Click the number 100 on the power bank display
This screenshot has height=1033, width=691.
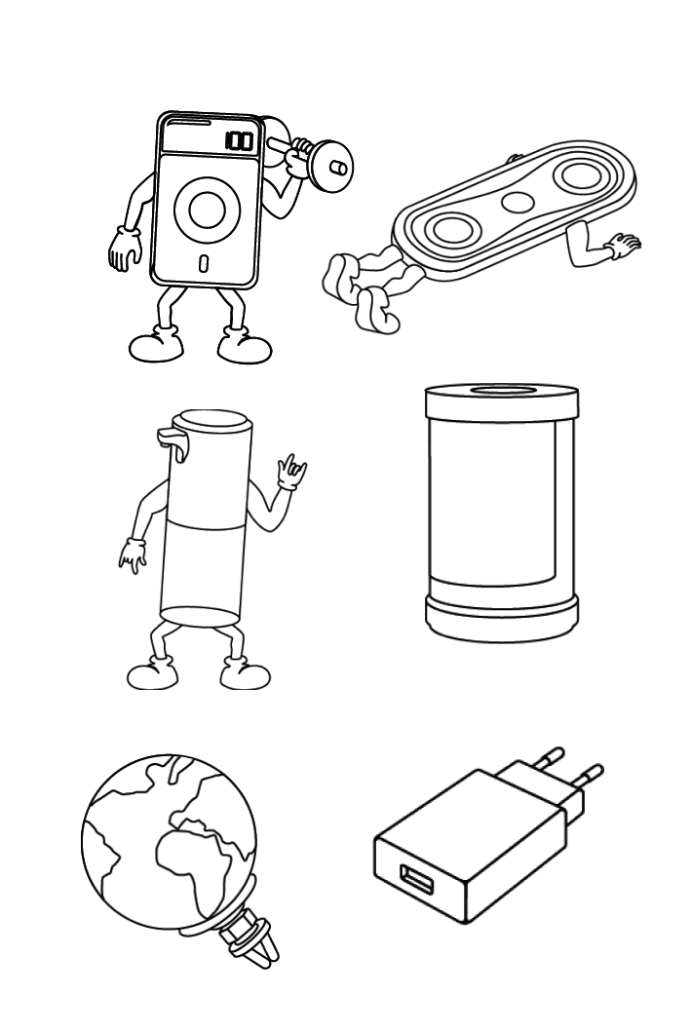pos(239,140)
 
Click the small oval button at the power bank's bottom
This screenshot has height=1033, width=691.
pos(204,262)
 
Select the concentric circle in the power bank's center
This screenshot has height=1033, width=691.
pos(207,209)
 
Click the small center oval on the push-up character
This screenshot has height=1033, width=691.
pos(518,202)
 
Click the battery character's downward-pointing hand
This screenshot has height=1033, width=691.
pos(134,555)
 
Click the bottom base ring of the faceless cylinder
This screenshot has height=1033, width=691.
pos(502,618)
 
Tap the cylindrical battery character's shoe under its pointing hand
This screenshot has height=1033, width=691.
pos(153,673)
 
